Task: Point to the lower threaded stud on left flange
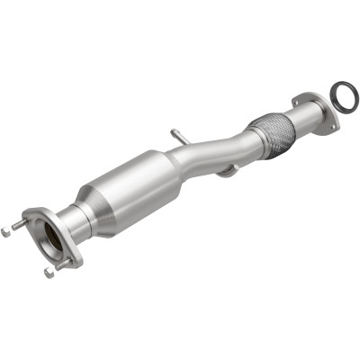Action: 66,263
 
